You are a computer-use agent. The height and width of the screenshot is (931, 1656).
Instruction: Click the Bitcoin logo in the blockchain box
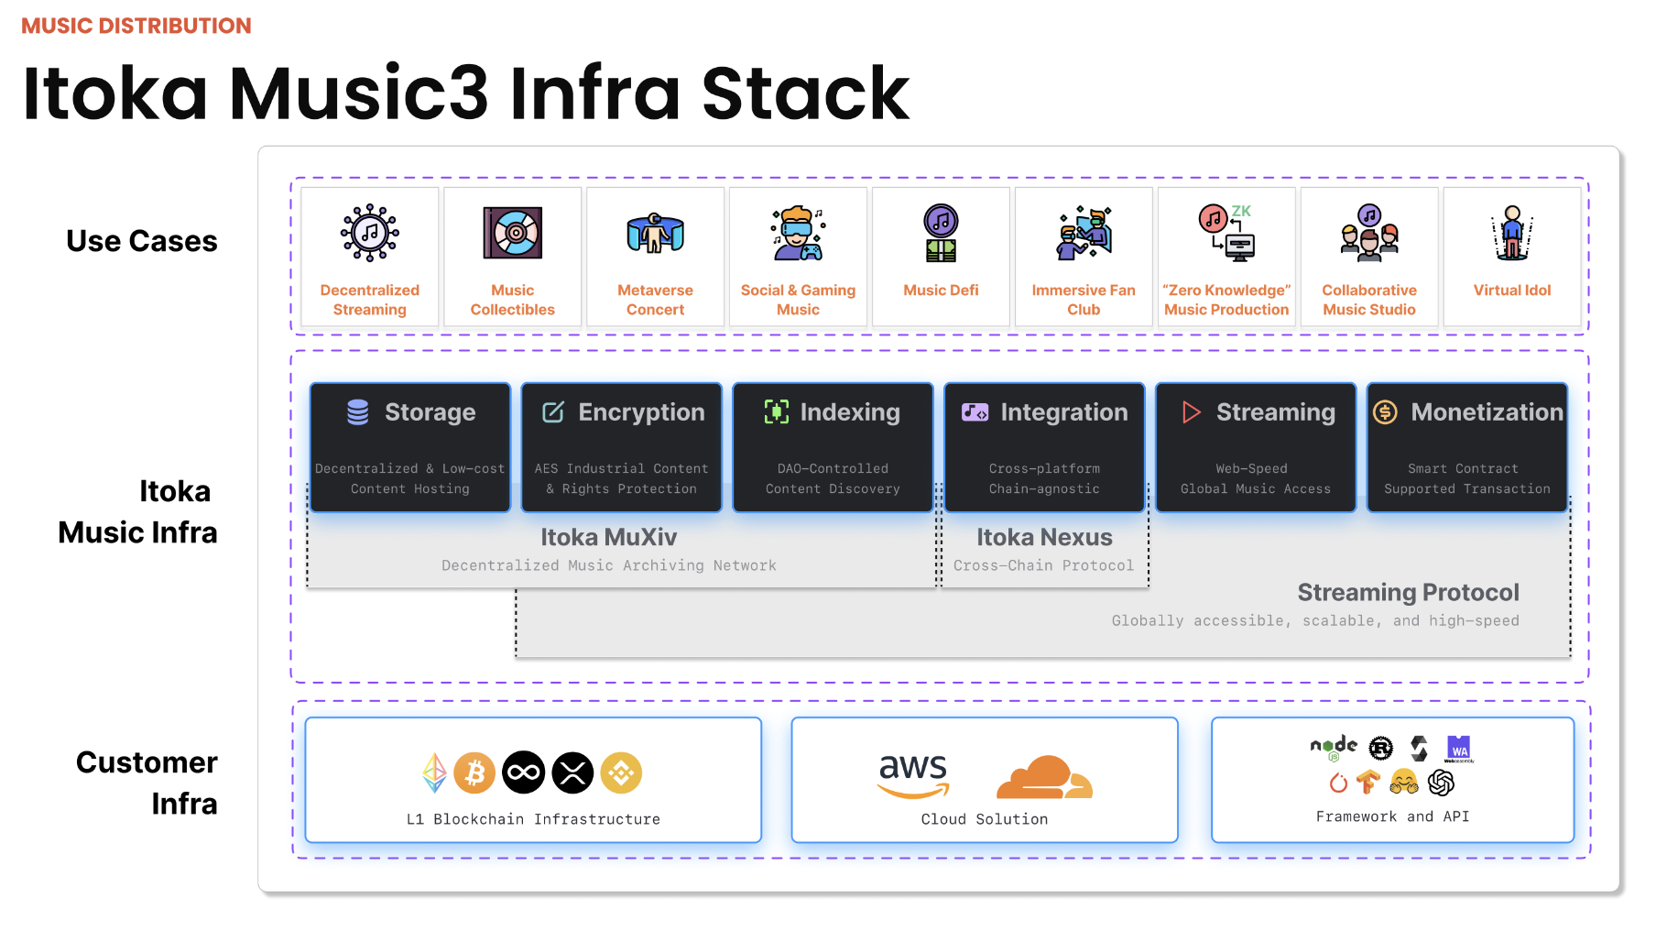coord(474,773)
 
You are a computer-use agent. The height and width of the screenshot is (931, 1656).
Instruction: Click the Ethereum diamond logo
coord(434,773)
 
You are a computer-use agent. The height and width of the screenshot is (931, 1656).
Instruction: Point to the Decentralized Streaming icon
coord(370,233)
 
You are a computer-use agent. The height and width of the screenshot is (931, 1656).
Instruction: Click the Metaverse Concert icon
coord(656,233)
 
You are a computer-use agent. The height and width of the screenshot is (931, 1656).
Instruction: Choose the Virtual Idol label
coord(1512,290)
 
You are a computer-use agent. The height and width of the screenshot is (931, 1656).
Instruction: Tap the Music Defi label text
coord(941,290)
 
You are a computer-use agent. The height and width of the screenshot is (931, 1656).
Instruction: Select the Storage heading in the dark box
coord(430,412)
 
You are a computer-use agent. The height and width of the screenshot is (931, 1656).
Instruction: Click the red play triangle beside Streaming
coord(1191,412)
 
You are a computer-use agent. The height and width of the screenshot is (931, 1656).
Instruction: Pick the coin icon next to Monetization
coord(1385,412)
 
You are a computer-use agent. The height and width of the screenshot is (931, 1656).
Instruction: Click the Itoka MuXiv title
coord(608,537)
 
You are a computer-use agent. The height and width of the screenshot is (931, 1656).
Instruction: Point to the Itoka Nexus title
coord(1044,537)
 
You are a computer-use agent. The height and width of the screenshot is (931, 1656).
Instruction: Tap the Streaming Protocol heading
coord(1408,593)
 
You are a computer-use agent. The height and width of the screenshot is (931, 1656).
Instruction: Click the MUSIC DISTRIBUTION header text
coord(136,26)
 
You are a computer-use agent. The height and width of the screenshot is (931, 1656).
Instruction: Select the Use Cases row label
coord(142,241)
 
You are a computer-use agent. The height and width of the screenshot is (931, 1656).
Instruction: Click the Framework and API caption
coord(1392,816)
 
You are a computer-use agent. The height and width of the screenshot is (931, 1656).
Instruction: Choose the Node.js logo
coord(1334,747)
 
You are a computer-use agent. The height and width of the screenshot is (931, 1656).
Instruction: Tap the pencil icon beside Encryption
coord(553,412)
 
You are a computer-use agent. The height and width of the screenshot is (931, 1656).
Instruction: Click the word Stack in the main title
coord(805,93)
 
